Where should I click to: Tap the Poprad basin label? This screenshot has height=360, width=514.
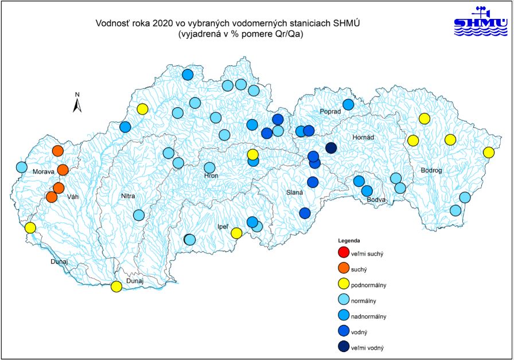330,112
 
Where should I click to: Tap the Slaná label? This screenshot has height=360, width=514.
294,194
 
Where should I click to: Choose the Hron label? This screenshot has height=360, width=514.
211,177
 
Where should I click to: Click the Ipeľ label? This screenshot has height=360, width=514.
223,228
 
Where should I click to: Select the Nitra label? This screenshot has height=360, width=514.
127,197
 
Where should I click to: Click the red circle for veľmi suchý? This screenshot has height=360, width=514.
343,252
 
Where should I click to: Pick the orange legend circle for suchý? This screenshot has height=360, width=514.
343,267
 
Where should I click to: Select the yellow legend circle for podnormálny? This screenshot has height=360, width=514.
343,283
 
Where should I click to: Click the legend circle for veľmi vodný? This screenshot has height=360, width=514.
343,346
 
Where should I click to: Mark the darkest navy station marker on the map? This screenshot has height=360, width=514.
331,148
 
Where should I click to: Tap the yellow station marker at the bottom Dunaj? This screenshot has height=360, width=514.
116,287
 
